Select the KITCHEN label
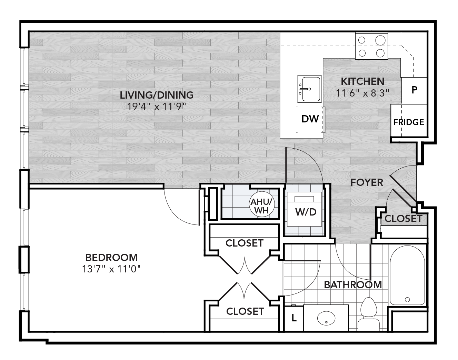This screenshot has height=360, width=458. point(362,82)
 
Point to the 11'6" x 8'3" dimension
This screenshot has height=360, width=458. point(362,92)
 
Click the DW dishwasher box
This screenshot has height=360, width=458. point(309,119)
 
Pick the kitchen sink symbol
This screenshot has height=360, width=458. point(309,89)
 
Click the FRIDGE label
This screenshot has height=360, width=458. point(408,122)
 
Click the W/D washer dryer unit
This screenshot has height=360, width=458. point(305,211)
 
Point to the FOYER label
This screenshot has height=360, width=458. point(367,182)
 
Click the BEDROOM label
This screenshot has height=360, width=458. point(111,257)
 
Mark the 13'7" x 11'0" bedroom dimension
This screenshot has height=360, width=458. point(111,269)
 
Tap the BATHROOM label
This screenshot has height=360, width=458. point(353,285)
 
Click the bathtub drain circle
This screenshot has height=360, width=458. point(407,299)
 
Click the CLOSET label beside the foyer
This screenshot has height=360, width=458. point(403,218)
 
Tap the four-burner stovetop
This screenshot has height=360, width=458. point(371,46)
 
